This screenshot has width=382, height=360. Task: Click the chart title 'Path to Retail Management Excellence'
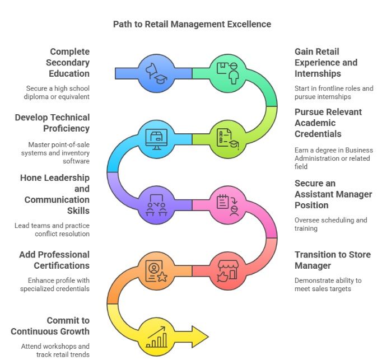tap(192, 24)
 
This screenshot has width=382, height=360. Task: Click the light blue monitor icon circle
tap(155, 138)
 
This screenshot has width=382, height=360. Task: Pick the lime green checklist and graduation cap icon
tap(229, 138)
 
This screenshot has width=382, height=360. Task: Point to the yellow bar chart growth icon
tap(155, 336)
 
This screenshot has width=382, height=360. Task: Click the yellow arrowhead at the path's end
tap(199, 336)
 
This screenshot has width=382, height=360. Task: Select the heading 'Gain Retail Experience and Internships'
tap(325, 62)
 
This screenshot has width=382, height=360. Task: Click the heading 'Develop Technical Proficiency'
tap(52, 123)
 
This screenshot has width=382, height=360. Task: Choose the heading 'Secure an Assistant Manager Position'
tap(333, 194)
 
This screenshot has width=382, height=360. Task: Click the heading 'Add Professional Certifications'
tap(54, 260)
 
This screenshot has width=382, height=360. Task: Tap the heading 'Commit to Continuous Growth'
tap(50, 326)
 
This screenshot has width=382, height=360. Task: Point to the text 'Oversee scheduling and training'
tap(330, 224)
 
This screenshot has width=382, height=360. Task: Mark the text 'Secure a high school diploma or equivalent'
tap(57, 92)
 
